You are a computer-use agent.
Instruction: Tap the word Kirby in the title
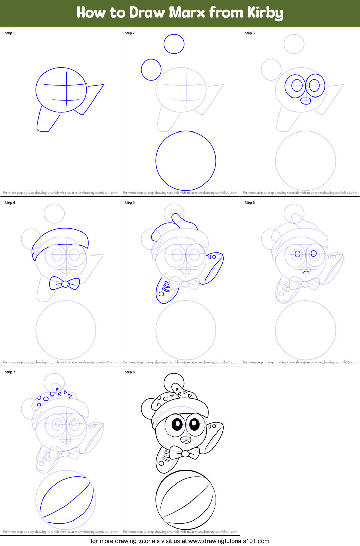[x=265, y=13]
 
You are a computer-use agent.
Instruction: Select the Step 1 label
[x=10, y=33]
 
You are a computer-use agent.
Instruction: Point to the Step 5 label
[x=130, y=202]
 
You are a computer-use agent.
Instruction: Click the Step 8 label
[x=130, y=372]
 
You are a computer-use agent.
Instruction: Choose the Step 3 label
[x=250, y=33]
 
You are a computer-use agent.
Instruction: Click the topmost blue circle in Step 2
[x=174, y=44]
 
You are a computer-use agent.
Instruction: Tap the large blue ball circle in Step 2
[x=186, y=161]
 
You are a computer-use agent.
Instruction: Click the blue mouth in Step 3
[x=306, y=101]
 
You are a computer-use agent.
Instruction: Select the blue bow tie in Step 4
[x=65, y=283]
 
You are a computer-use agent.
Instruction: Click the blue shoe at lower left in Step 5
[x=165, y=290]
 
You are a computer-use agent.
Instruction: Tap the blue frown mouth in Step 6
[x=306, y=271]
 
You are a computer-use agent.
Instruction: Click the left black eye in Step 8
[x=177, y=424]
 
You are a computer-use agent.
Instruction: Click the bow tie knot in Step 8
[x=185, y=453]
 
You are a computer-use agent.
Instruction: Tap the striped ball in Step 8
[x=185, y=499]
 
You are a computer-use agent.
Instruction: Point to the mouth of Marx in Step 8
[x=186, y=440]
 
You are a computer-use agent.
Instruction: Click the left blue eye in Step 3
[x=297, y=85]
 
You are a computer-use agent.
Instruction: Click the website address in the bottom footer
[x=229, y=541]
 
